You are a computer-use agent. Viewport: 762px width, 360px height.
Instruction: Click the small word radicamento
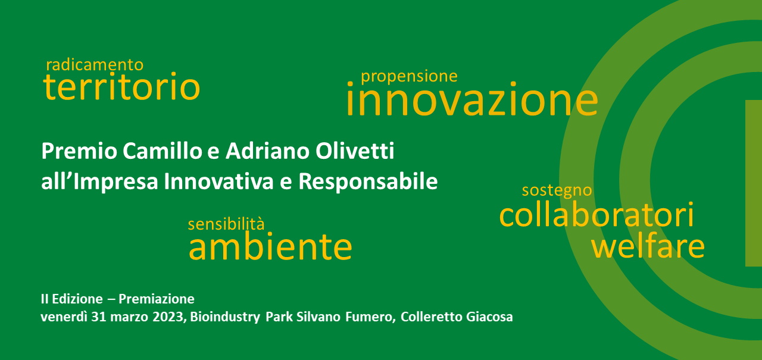pos(95,65)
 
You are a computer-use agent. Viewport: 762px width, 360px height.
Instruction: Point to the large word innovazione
pos(472,99)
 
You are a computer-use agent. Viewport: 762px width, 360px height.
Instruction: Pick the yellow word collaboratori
pos(597,214)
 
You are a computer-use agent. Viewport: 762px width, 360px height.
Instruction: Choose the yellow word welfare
pos(648,246)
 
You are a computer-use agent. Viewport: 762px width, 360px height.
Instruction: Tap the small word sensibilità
pos(226,224)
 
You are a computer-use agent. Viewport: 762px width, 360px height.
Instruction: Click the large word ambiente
pos(270,246)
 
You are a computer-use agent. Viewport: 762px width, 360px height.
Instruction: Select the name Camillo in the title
pos(163,151)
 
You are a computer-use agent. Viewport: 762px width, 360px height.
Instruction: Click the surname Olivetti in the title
pos(355,151)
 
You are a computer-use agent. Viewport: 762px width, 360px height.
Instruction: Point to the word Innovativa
pos(218,181)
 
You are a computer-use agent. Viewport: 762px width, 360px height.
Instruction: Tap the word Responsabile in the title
pos(368,182)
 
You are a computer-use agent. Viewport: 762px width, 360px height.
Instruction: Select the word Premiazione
pos(157,299)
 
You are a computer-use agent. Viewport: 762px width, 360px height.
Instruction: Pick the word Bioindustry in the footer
pos(225,317)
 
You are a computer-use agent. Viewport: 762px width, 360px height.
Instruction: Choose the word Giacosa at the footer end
pos(489,317)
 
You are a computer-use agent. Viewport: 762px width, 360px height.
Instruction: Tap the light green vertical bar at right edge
pos(754,183)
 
